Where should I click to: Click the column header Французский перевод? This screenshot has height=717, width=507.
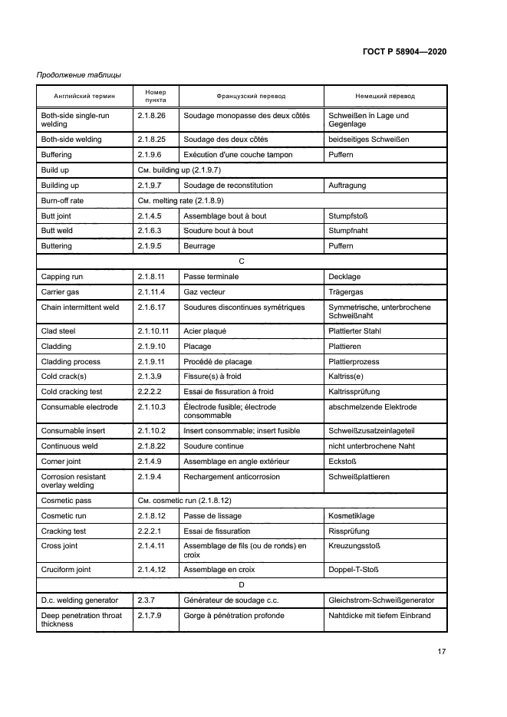(251, 97)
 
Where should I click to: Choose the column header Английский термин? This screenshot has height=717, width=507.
(84, 97)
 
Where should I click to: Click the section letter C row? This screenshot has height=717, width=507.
(242, 261)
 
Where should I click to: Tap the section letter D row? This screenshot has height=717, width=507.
(242, 584)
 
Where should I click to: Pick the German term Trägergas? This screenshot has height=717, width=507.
(345, 292)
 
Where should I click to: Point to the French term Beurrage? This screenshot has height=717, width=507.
(199, 246)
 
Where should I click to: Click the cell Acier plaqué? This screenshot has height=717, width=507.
(205, 331)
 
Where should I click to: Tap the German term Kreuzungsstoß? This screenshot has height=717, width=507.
(355, 546)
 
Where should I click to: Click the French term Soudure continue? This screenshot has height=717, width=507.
(213, 446)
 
